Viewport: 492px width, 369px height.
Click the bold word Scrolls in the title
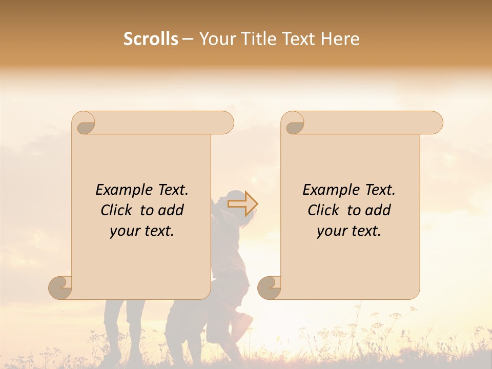click(151, 39)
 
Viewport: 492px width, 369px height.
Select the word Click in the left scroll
click(117, 210)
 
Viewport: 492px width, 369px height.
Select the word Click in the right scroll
click(324, 210)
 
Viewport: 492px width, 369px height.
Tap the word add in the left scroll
click(171, 210)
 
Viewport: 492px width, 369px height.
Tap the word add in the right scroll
click(378, 210)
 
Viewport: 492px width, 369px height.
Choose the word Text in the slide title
click(298, 39)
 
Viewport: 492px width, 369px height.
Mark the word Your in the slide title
click(216, 39)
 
